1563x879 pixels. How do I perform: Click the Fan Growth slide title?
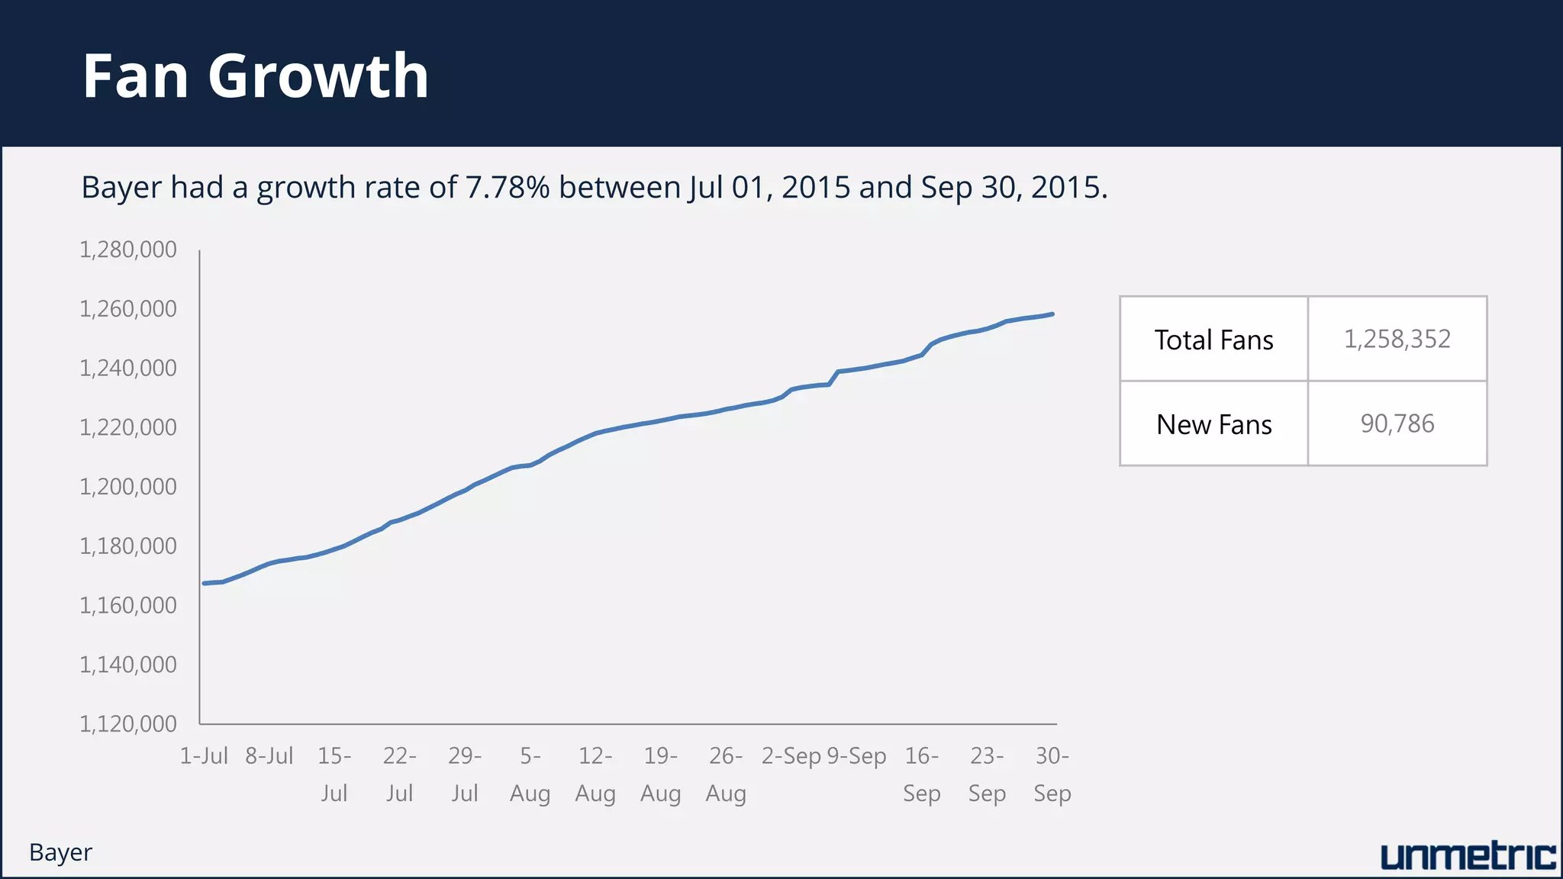(x=256, y=76)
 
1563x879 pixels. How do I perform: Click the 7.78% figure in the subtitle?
(x=508, y=187)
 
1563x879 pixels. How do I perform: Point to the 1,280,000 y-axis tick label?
(x=128, y=250)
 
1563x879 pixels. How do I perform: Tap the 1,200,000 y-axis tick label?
(x=128, y=486)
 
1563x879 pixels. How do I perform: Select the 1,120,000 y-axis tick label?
(x=128, y=723)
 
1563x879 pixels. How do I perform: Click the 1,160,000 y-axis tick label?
(x=128, y=605)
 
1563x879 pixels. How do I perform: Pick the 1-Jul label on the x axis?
(x=204, y=755)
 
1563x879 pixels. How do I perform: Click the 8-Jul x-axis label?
(x=269, y=755)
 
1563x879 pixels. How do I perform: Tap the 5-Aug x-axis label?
(x=530, y=774)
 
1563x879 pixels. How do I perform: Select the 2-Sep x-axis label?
(x=791, y=755)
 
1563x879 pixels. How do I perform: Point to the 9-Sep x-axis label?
(x=856, y=755)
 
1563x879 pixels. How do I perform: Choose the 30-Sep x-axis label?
(x=1052, y=774)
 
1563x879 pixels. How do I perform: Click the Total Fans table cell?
(x=1213, y=340)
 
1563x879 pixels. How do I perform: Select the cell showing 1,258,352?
(x=1397, y=339)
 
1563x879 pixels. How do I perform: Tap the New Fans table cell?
(x=1213, y=424)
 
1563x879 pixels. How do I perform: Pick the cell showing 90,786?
(x=1397, y=423)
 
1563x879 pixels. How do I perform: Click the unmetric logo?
(x=1468, y=856)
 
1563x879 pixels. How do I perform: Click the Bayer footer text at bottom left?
(x=60, y=852)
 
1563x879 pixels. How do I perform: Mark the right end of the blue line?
(x=1052, y=314)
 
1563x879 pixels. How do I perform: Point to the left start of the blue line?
(x=205, y=583)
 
